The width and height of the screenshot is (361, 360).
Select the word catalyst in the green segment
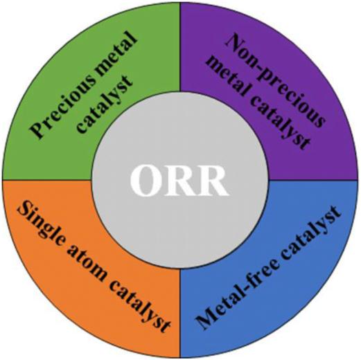coord(105,105)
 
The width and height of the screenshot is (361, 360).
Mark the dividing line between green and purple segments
coord(180,47)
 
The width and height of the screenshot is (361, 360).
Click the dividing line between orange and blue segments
coord(180,313)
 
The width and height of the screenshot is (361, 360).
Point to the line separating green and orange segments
coord(47,180)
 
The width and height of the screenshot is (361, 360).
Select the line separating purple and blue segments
coord(313,180)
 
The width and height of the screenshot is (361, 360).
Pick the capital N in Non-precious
coord(235,43)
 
